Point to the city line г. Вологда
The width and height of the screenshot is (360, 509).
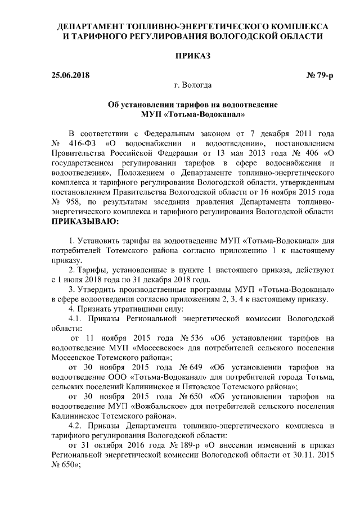point(193,85)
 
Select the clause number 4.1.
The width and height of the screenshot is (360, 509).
point(76,318)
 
